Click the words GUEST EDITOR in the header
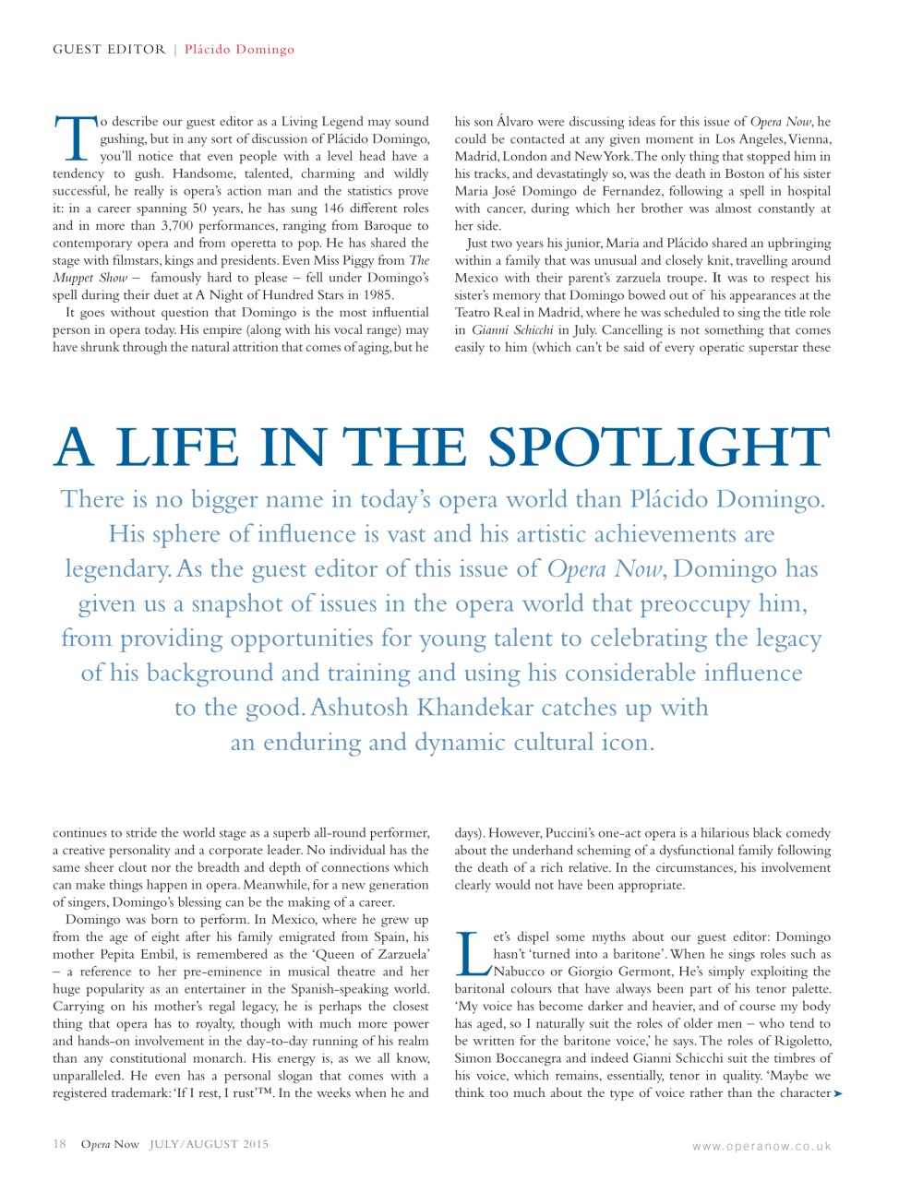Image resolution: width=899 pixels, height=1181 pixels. pyautogui.click(x=109, y=50)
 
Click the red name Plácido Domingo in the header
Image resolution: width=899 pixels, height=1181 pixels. pyautogui.click(x=239, y=50)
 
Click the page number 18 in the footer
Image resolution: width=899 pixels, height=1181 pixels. pyautogui.click(x=59, y=1144)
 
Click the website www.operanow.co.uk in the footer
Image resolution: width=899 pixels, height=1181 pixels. pyautogui.click(x=761, y=1147)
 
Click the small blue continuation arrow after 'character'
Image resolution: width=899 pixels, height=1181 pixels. pyautogui.click(x=838, y=1094)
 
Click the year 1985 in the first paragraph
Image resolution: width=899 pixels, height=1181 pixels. pyautogui.click(x=375, y=295)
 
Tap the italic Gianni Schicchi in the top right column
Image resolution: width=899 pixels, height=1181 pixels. pyautogui.click(x=512, y=330)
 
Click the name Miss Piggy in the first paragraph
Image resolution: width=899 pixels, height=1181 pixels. pyautogui.click(x=345, y=261)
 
